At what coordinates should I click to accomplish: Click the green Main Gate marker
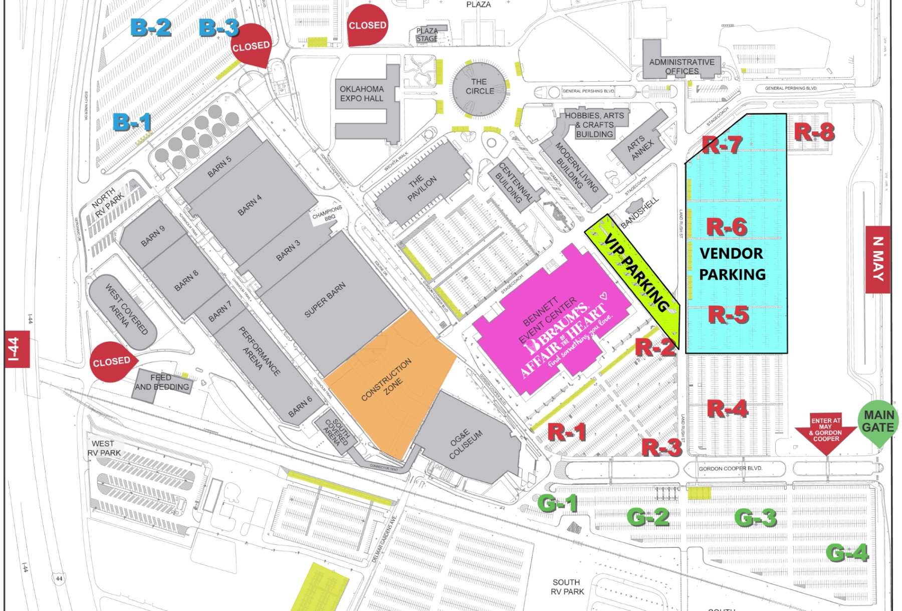coord(878,422)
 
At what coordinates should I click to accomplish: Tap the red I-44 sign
coord(17,349)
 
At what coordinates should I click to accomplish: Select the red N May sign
coord(877,259)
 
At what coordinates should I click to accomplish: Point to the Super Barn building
coord(326,301)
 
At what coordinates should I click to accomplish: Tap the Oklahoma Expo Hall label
coord(362,94)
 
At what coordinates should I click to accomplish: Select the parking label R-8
coord(814,132)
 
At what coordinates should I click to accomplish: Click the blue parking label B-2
coord(150,27)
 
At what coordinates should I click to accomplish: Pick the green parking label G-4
coord(846,553)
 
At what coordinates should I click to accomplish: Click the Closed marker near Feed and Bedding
coord(111,361)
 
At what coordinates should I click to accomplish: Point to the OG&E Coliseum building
coord(466,444)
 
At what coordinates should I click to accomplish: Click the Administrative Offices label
coord(682,66)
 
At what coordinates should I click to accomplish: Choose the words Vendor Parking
coord(732,264)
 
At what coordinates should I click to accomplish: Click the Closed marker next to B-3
coord(251,46)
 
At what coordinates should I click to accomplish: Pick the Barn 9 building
coord(153,236)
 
